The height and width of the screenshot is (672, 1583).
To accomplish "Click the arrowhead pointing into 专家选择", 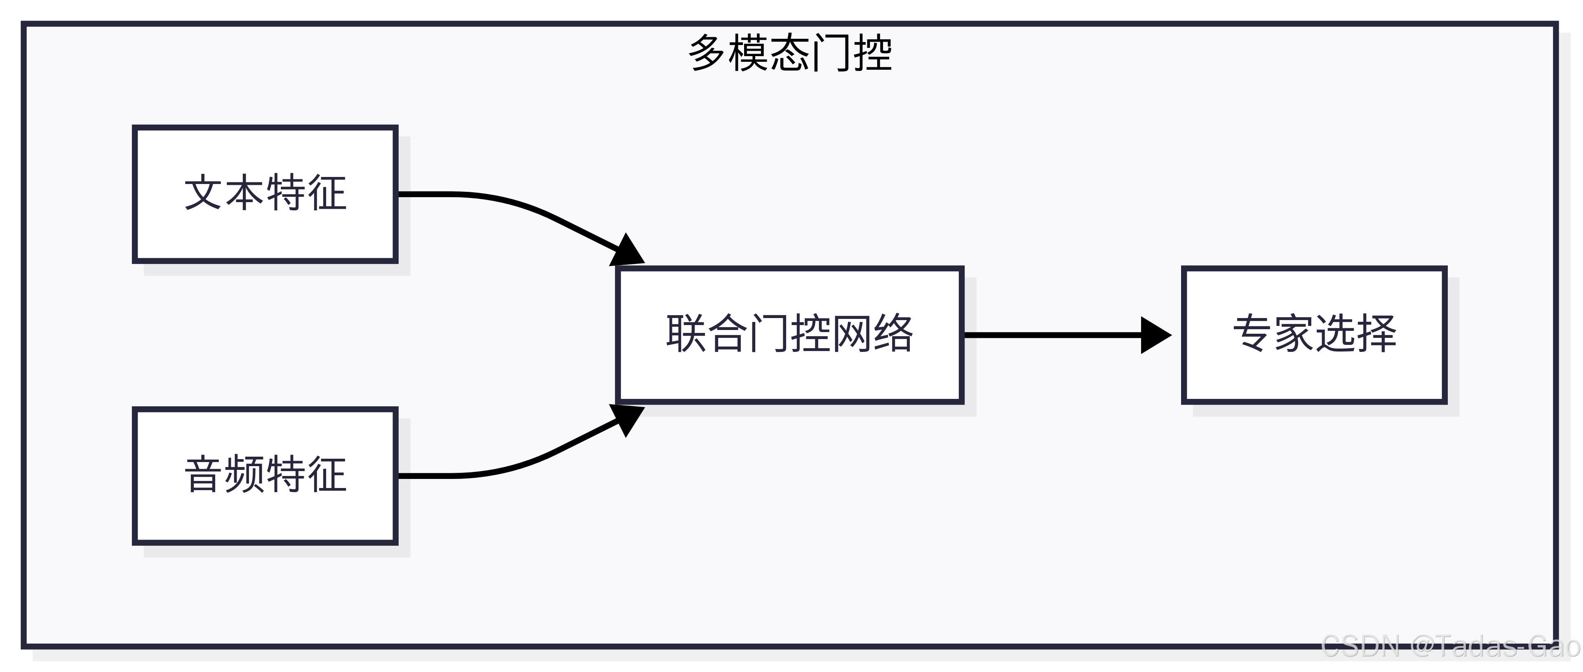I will (1155, 335).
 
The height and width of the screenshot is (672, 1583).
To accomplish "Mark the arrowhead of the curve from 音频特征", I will (627, 419).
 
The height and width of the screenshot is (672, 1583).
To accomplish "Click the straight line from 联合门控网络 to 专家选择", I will (1051, 335).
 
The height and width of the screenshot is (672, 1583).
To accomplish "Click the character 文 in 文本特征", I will (203, 193).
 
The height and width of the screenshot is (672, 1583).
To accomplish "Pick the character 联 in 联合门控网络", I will (686, 333).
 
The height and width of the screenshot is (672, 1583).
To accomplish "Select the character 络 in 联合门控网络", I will (893, 333).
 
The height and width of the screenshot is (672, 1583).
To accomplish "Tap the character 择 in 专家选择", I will (1376, 333).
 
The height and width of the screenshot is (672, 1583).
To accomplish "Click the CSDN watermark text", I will (1450, 646).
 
